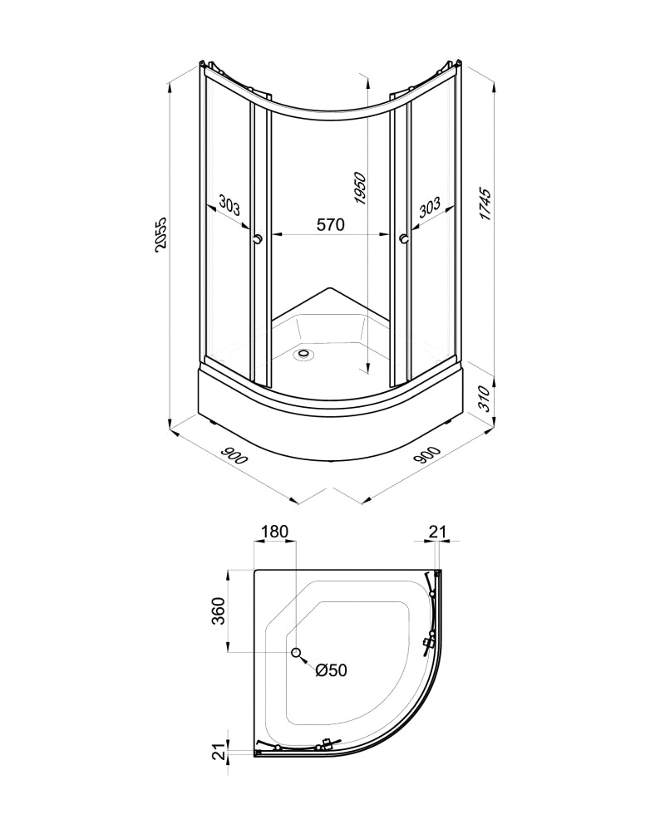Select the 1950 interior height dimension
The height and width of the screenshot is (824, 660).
(x=359, y=190)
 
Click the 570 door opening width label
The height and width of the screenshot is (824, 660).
(x=329, y=224)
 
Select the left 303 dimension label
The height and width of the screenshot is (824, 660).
(x=229, y=204)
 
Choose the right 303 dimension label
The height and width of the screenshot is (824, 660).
(x=429, y=206)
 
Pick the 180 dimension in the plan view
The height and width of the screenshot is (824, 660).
(x=274, y=531)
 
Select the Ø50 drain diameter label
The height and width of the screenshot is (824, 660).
(x=330, y=670)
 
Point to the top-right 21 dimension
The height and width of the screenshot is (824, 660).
(x=437, y=531)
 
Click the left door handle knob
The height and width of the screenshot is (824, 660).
(x=257, y=239)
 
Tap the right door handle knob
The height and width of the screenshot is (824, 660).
(x=403, y=240)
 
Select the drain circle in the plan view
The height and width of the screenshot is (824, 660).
(x=295, y=653)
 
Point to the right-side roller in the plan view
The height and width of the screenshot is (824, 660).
(x=430, y=642)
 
